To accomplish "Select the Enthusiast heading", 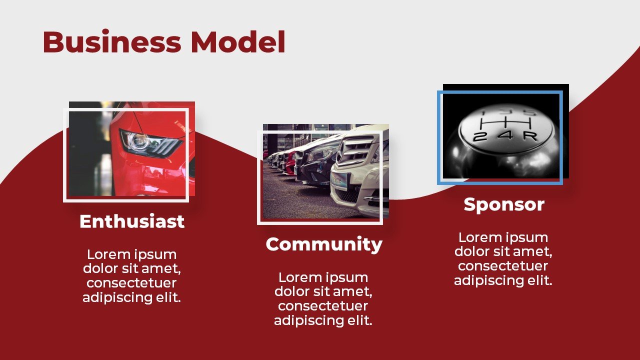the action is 132,221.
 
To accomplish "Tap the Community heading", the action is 324,245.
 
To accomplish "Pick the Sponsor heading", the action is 504,204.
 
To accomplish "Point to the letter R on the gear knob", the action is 530,136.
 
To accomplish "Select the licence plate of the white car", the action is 339,181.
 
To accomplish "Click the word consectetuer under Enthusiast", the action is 131,283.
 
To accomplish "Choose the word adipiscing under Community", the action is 308,320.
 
